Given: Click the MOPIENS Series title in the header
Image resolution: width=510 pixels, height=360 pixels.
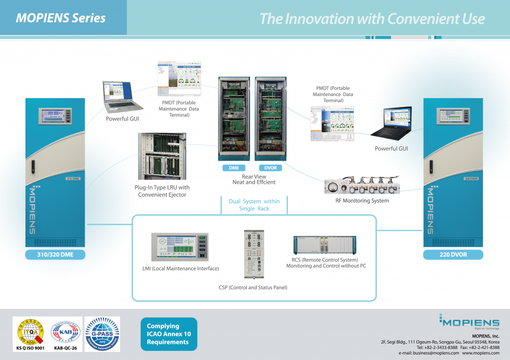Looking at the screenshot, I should click(61, 18).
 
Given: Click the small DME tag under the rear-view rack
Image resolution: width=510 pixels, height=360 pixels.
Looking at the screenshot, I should click(234, 168).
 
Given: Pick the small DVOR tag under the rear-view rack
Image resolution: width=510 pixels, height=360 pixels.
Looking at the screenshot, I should click(270, 168).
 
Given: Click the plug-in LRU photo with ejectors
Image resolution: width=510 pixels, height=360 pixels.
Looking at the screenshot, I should click(162, 156).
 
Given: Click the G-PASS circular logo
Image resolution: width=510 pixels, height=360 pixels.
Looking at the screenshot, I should click(102, 331).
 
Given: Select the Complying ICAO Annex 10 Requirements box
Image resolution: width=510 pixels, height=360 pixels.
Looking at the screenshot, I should click(168, 334).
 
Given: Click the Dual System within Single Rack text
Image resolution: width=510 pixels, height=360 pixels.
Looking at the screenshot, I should click(254, 205).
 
